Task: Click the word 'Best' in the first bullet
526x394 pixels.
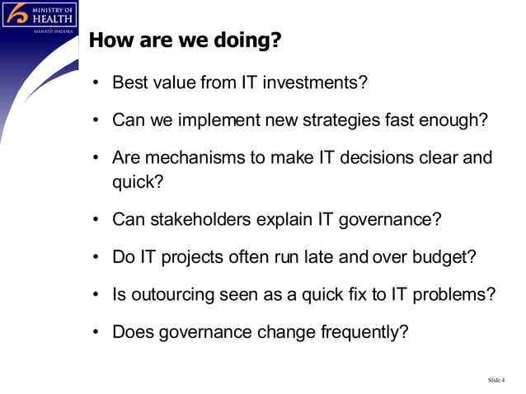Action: point(129,83)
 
